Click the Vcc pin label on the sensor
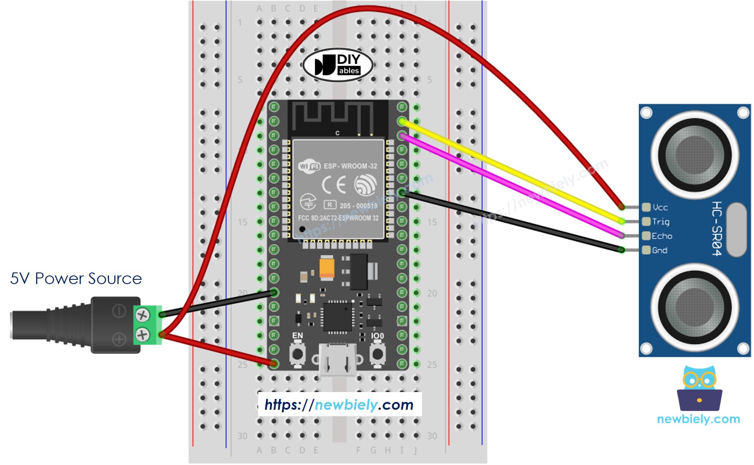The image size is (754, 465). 660,207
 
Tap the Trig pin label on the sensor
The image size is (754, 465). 660,221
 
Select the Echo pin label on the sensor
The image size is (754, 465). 662,236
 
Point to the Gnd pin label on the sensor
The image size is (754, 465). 660,250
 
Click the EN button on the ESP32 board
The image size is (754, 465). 297,354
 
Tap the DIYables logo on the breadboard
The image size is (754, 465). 338,65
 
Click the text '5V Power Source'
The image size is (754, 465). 76,278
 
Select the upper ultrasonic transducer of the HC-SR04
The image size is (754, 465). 695,154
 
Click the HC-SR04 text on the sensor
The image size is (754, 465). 716,228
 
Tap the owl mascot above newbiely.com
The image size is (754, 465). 699,388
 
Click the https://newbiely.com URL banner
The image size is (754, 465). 339,405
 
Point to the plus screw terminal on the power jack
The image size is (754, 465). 142,335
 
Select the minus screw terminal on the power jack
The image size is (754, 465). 142,315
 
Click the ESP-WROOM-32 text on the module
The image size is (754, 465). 350,166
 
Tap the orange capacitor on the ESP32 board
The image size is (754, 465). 327,267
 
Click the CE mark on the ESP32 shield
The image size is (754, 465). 334,185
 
